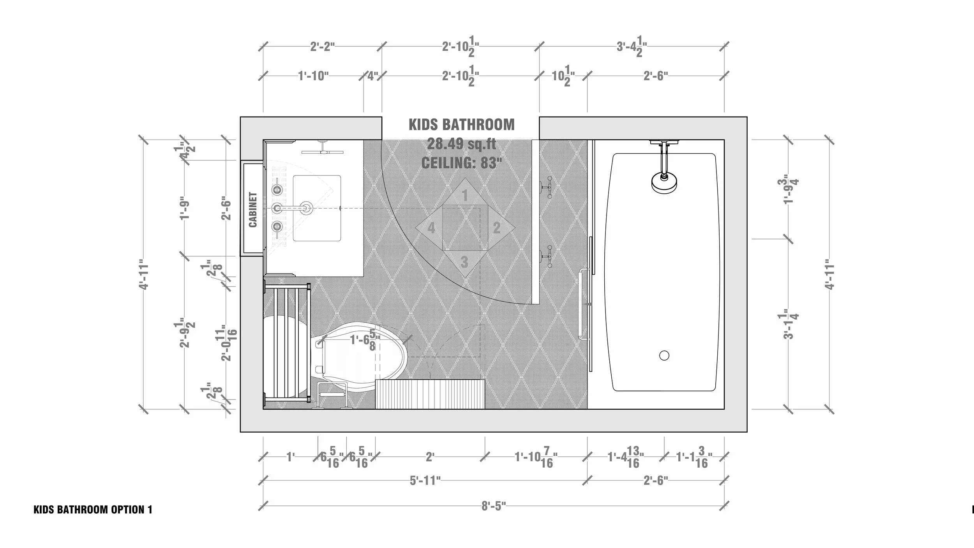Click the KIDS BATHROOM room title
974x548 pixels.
click(461, 125)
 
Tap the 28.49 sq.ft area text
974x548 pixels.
click(461, 144)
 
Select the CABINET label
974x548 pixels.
click(253, 209)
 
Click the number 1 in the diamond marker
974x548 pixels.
click(464, 196)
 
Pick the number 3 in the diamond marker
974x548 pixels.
click(464, 262)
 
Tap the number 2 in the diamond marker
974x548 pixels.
click(496, 228)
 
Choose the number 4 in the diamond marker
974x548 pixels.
click(431, 228)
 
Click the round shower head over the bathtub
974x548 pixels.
click(664, 182)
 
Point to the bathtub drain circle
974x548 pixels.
click(664, 355)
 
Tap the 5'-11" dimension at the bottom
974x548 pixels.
click(425, 481)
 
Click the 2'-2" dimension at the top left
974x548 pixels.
click(323, 47)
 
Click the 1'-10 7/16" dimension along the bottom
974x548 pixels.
click(536, 457)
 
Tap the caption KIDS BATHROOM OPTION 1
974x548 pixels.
click(93, 510)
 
